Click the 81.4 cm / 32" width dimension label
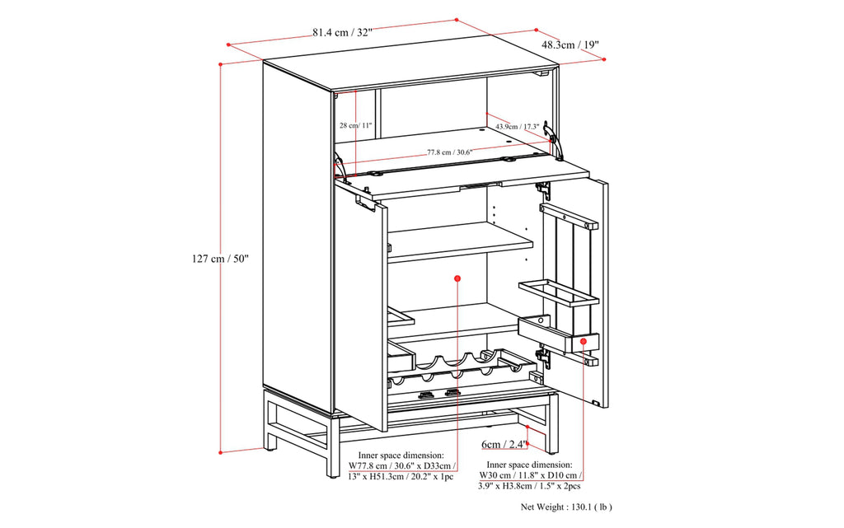coord(342,32)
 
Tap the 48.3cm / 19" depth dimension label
coord(570,45)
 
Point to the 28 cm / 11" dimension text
coord(355,126)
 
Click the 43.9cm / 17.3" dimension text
coord(517,126)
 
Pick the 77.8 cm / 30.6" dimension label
coord(449,152)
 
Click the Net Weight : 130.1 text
coord(566,507)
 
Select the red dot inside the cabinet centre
coord(457,280)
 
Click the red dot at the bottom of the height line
coord(220,452)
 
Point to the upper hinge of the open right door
coord(543,190)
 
